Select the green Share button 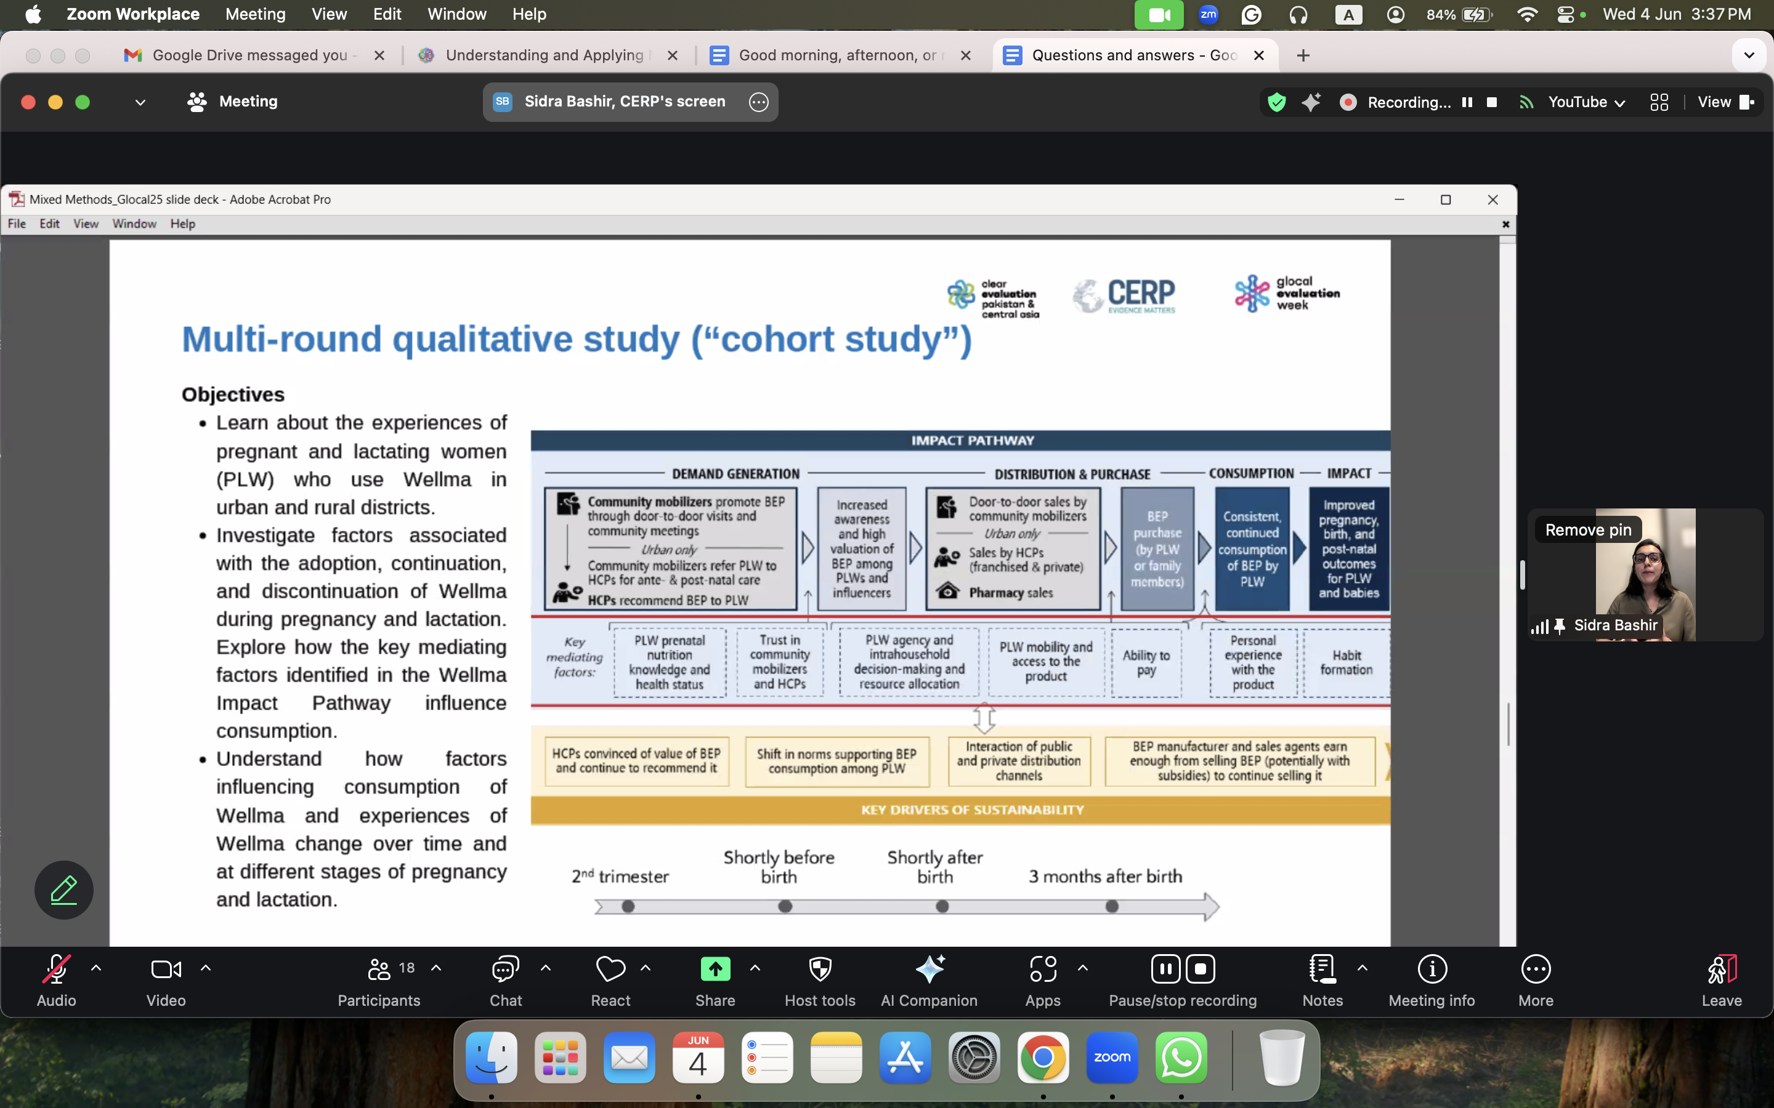(715, 969)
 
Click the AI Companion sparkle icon (930, 969)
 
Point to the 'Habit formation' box (1347, 662)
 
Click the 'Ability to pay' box (1146, 662)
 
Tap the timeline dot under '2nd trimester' (628, 907)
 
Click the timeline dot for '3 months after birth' (1112, 907)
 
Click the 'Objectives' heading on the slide (233, 394)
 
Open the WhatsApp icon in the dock (1181, 1058)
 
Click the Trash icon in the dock (1282, 1058)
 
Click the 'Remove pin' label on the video (1589, 530)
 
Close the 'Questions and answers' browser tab (1258, 55)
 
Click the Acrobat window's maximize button (1446, 199)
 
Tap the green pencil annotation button (64, 889)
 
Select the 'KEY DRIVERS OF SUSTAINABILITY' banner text (972, 809)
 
